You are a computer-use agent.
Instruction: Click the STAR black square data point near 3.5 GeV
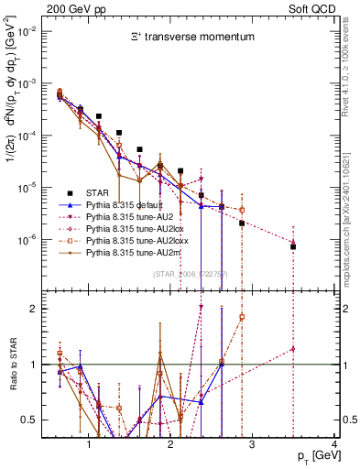(293, 246)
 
